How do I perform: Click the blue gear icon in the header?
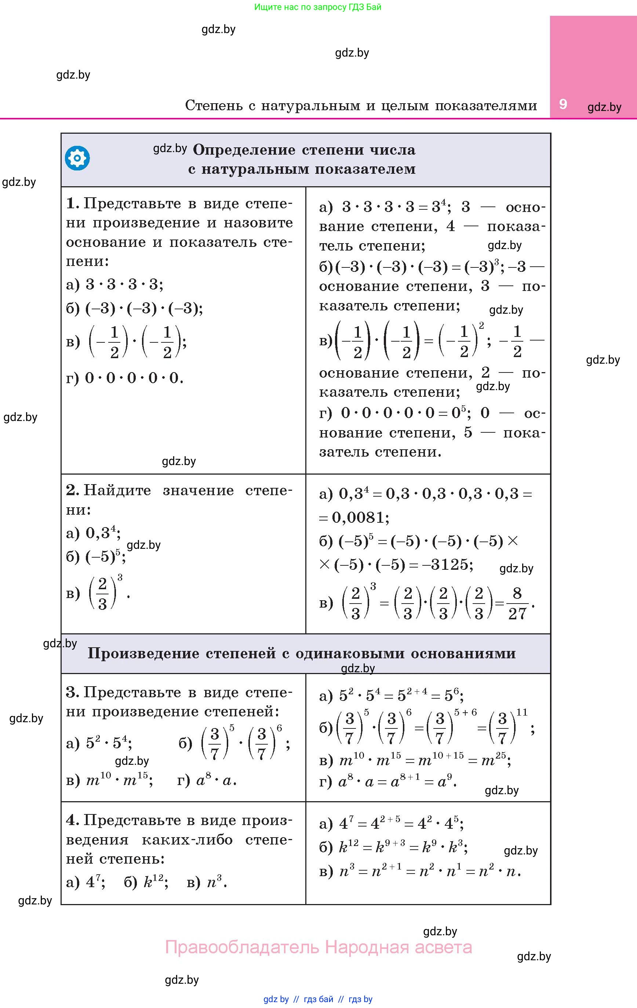click(x=77, y=158)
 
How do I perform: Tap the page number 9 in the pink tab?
click(x=563, y=104)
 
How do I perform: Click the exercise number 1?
click(x=72, y=204)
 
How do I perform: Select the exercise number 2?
click(x=72, y=490)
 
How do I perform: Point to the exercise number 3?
click(x=72, y=692)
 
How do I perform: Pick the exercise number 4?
click(x=72, y=820)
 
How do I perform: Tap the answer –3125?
click(x=447, y=565)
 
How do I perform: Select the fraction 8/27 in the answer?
click(x=517, y=604)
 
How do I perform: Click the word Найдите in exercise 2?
click(x=117, y=490)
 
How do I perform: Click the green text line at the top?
click(x=318, y=7)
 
